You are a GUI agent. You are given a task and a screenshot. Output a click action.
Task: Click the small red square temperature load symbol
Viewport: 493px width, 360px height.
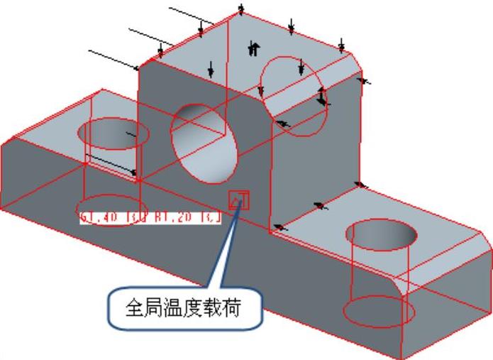click(238, 200)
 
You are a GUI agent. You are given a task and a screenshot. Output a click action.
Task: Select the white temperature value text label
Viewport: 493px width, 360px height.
click(150, 217)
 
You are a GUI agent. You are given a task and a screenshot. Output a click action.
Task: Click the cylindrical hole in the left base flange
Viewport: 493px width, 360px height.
click(113, 135)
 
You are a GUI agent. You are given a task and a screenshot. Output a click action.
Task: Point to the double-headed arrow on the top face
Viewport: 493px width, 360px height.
click(253, 48)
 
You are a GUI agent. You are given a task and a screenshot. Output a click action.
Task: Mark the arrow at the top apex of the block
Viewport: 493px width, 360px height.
click(241, 9)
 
